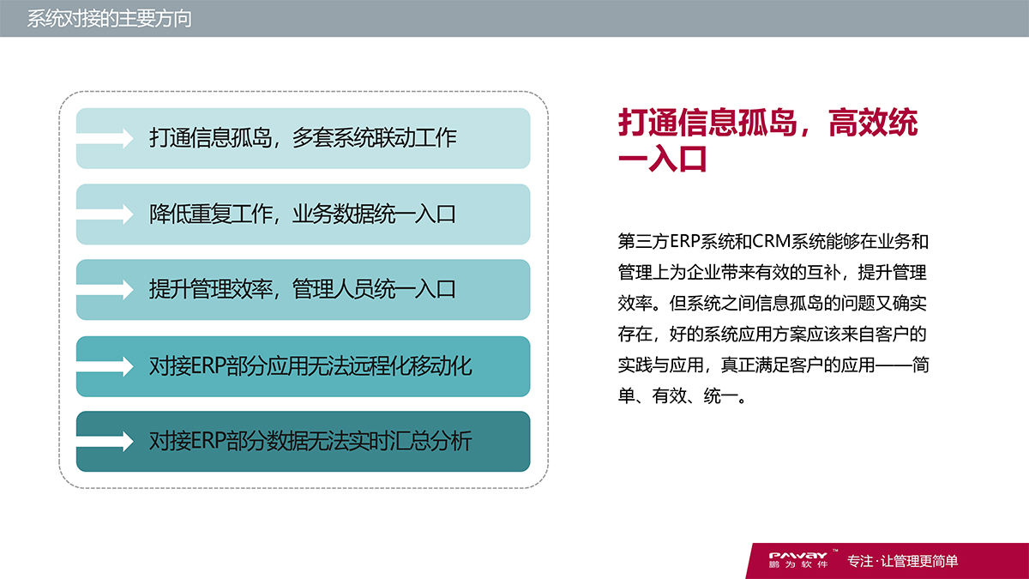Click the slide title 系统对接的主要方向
(x=109, y=19)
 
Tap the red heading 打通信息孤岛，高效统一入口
(x=767, y=141)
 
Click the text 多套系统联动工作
(x=374, y=138)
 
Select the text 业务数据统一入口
(x=374, y=214)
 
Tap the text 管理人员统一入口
(x=374, y=290)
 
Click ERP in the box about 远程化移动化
(x=205, y=366)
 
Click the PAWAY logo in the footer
(x=797, y=555)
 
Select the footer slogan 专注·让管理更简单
(x=902, y=562)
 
